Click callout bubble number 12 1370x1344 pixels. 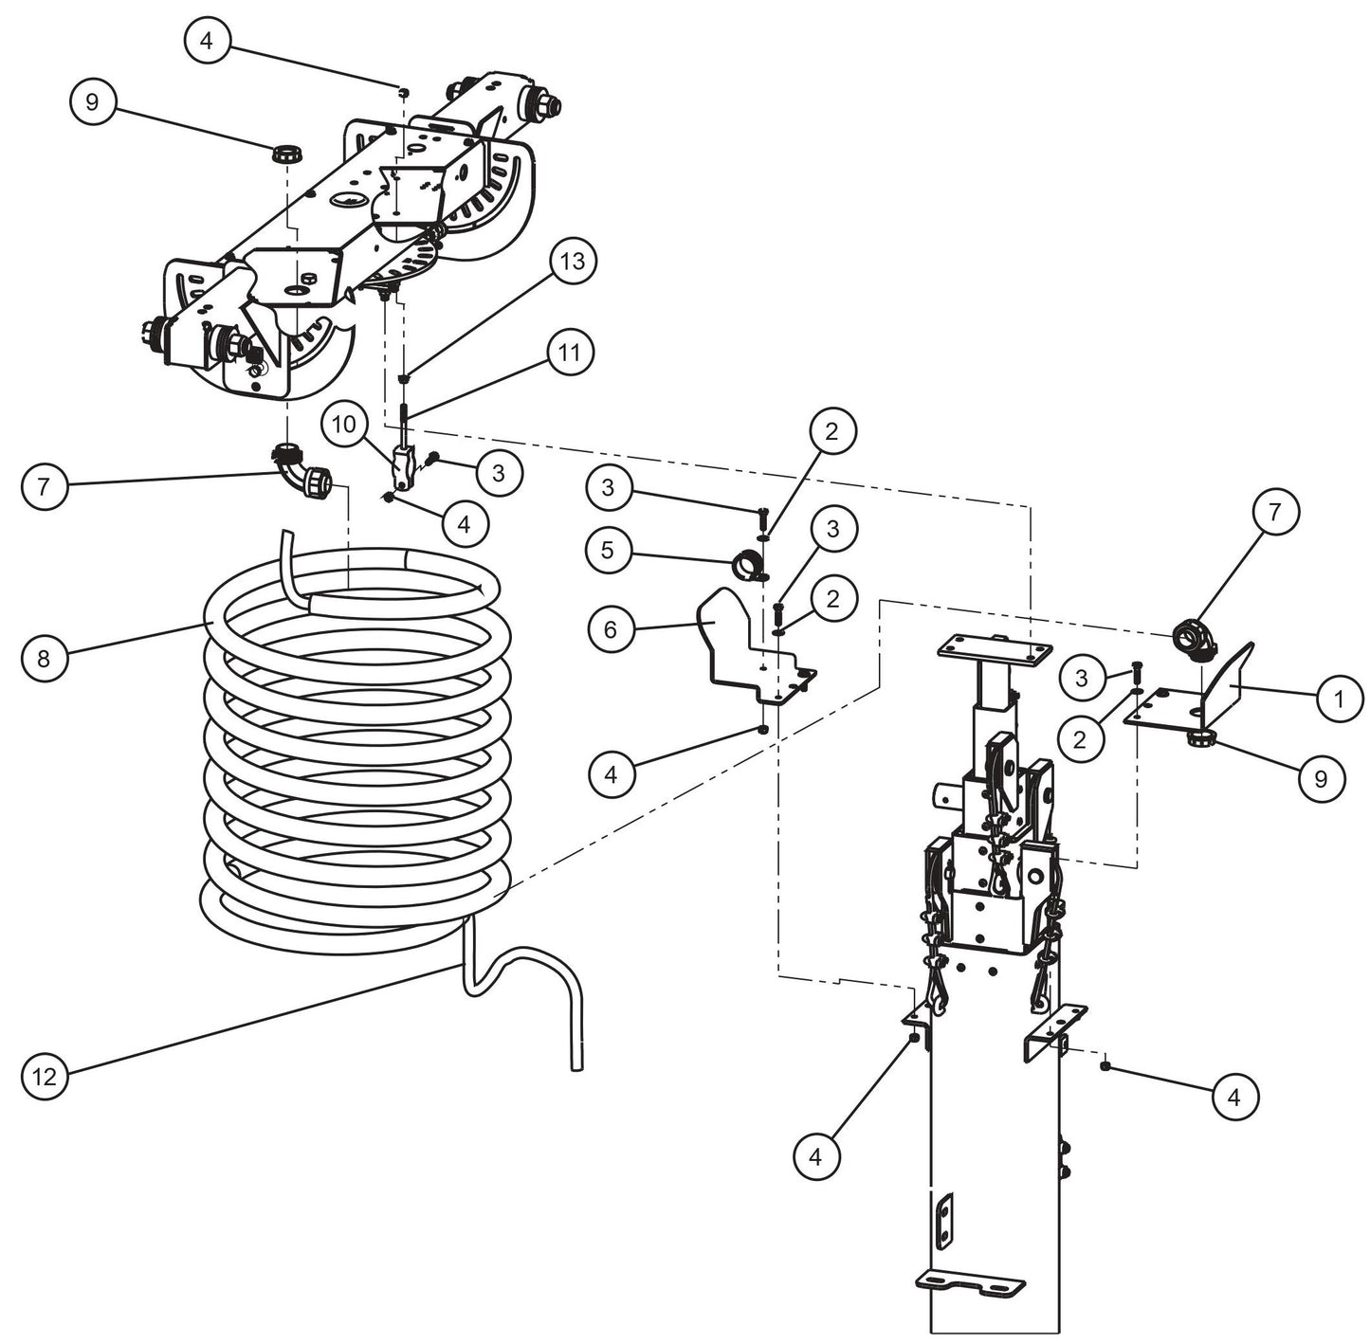(45, 1077)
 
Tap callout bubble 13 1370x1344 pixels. (574, 263)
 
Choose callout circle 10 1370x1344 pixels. (345, 425)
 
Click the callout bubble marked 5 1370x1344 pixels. (610, 550)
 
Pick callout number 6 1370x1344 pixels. (611, 629)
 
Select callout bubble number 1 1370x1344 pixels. (1339, 699)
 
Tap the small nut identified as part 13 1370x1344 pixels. (404, 379)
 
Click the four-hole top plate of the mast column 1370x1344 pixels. (993, 650)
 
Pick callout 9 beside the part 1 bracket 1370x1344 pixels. (1319, 778)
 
